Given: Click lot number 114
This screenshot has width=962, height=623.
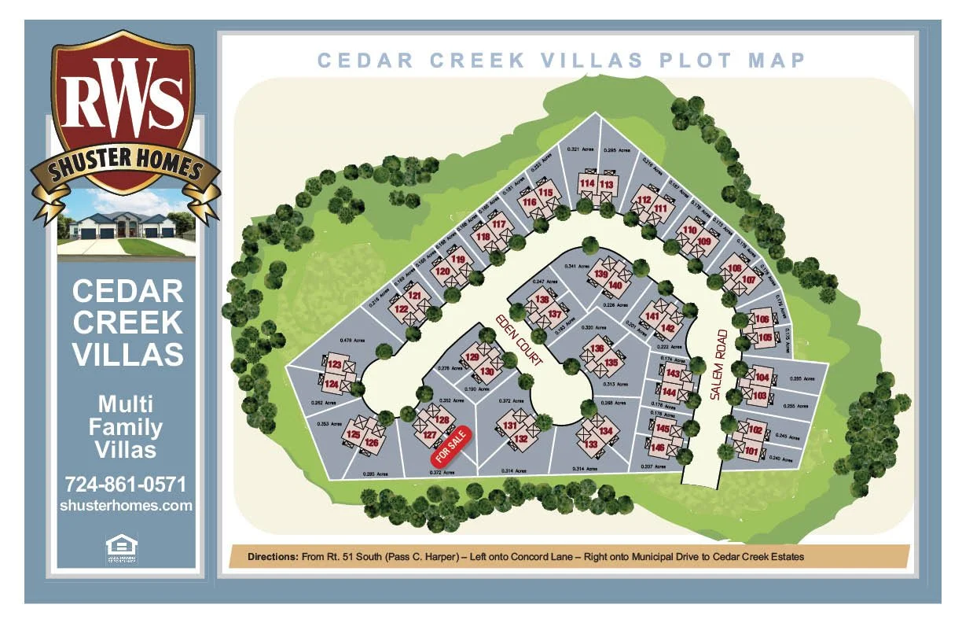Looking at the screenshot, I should click(586, 183).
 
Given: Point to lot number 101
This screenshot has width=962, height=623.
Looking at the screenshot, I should click(751, 451).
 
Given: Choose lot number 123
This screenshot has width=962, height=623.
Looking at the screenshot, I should click(335, 365).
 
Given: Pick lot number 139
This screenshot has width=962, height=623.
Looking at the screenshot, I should click(601, 274).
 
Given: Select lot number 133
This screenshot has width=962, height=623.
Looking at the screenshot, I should click(592, 444).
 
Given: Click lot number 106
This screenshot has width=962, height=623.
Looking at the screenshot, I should click(763, 319).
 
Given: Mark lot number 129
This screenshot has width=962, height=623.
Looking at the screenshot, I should click(472, 358).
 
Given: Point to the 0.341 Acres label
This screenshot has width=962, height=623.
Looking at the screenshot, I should click(576, 266).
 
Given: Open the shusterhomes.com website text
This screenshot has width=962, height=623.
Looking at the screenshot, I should click(126, 506).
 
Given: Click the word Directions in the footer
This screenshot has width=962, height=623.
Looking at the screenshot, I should click(273, 556).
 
